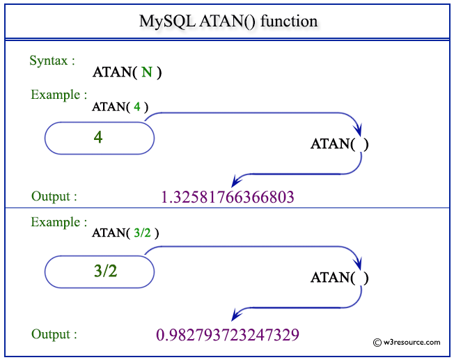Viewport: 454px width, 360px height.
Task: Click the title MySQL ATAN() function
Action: pos(228,22)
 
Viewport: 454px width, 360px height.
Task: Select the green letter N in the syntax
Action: pos(146,72)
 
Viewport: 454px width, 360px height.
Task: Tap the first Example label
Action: pos(58,95)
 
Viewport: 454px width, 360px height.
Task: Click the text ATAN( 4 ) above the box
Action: pos(120,107)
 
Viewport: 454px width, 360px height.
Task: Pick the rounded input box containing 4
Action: pos(99,138)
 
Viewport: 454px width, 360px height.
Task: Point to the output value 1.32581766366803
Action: pos(228,197)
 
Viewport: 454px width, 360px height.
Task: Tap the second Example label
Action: pos(58,222)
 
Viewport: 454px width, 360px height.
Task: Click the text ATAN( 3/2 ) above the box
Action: pos(125,233)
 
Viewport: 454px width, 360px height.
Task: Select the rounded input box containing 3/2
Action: pos(99,271)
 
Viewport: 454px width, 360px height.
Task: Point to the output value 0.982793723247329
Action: pos(228,334)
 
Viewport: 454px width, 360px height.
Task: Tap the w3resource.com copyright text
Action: pos(407,342)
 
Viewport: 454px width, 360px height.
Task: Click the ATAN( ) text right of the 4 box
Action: pos(339,144)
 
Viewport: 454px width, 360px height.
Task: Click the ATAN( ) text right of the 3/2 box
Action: pos(339,278)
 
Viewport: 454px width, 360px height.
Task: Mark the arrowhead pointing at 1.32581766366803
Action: pos(236,179)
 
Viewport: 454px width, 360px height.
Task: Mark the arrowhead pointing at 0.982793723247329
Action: pos(236,313)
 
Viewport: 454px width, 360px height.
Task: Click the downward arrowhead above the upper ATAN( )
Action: pos(359,130)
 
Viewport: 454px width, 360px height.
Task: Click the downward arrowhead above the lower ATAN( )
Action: pos(359,264)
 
